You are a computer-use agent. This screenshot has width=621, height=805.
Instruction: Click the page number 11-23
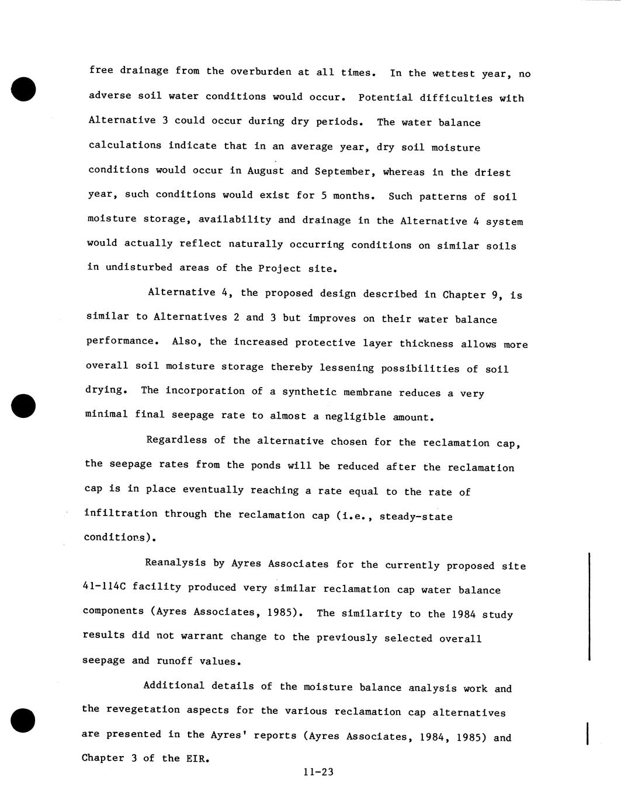[x=318, y=772]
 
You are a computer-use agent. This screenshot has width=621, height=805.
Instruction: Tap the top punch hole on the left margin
[x=23, y=89]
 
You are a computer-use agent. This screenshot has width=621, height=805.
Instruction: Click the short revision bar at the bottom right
[x=587, y=733]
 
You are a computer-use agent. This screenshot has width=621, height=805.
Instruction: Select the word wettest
[x=453, y=74]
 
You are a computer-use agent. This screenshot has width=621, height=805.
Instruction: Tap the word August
[x=266, y=170]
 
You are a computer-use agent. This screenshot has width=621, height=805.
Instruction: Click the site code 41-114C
[x=103, y=587]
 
